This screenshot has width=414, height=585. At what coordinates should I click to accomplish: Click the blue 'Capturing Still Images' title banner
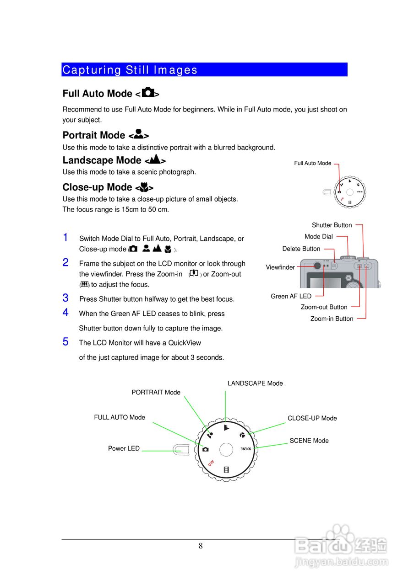(204, 69)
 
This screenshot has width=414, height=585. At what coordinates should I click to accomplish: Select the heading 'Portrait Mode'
(94, 135)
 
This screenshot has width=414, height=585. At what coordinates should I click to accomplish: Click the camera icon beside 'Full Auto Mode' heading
(148, 93)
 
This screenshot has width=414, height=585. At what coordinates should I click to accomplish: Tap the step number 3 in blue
(65, 298)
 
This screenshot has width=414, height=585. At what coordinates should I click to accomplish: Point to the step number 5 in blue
(65, 341)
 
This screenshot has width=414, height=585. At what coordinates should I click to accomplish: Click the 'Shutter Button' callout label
(332, 225)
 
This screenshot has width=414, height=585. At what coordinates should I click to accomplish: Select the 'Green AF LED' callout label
(291, 296)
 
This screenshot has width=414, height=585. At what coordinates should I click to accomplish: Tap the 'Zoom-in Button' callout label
(332, 319)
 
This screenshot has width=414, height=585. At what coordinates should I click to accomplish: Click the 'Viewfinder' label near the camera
(280, 267)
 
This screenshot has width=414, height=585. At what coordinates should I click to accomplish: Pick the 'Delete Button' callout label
(301, 249)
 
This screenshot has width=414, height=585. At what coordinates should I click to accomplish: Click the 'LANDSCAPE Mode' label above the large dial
(255, 383)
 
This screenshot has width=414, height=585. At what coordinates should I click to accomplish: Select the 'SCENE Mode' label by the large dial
(309, 441)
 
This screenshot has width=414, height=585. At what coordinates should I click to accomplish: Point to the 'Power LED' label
(124, 448)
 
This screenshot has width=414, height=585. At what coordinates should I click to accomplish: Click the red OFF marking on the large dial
(211, 463)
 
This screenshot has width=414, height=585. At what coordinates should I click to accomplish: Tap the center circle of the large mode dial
(226, 449)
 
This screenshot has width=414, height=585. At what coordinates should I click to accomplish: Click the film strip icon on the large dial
(226, 469)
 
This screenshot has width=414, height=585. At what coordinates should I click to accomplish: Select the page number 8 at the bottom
(201, 546)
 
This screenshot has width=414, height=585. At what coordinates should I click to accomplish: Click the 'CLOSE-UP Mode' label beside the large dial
(312, 418)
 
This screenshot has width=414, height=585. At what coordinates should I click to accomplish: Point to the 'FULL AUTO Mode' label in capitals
(120, 417)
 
